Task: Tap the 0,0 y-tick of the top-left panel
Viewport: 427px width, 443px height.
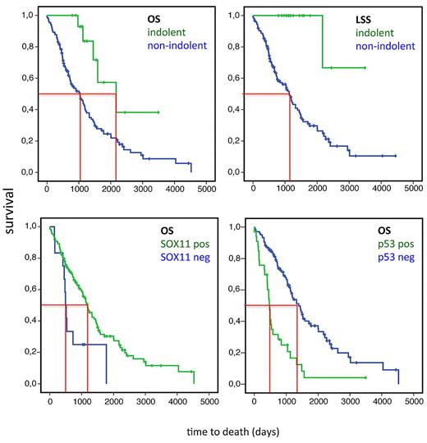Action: click(x=30, y=173)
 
